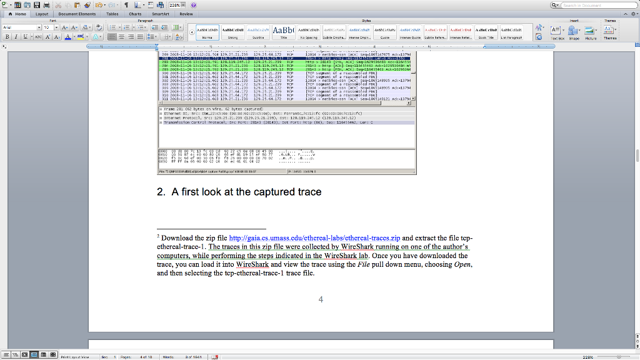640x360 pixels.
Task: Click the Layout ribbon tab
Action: pos(42,14)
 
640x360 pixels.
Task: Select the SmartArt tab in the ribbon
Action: pos(161,14)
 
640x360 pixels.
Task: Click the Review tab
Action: pos(186,14)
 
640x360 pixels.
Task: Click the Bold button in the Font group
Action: pos(7,37)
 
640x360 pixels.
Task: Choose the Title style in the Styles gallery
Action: pos(284,31)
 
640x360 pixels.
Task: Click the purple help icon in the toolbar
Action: pos(194,5)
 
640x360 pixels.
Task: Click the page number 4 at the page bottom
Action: pos(321,299)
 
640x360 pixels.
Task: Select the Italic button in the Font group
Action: pos(16,37)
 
